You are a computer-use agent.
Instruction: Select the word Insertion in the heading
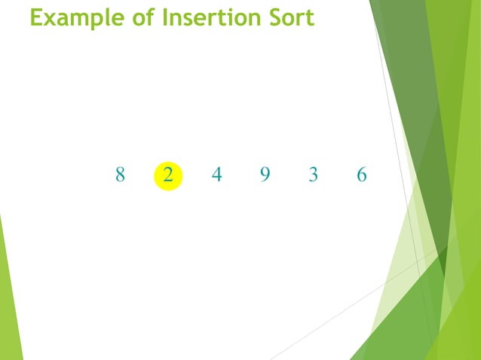tap(209, 17)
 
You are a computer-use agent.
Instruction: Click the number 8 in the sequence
tap(120, 175)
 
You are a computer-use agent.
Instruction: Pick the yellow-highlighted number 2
tap(167, 175)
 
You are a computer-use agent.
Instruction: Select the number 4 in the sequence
tap(217, 175)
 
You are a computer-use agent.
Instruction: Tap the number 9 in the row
tap(265, 175)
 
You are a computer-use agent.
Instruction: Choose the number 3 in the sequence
tap(314, 175)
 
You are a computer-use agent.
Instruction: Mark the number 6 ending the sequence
tap(362, 175)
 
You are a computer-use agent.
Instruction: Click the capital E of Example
tap(36, 17)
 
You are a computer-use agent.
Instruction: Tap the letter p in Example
tap(92, 20)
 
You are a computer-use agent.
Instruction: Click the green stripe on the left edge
tap(9, 301)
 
